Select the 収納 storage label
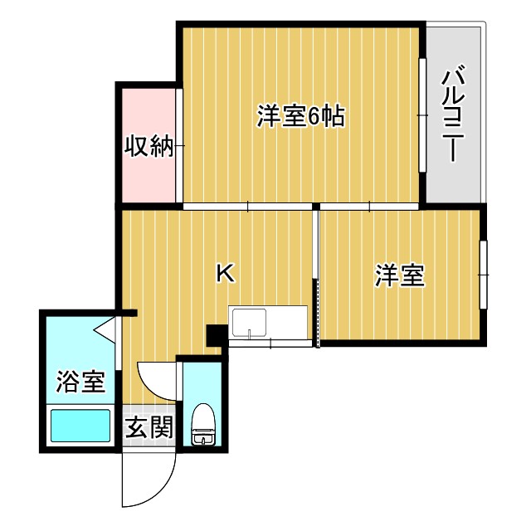[149, 146]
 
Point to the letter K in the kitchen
[224, 272]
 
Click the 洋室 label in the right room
[399, 275]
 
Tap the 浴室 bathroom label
[80, 382]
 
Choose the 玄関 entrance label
[149, 428]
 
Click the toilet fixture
[201, 426]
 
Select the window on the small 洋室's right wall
[483, 273]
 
